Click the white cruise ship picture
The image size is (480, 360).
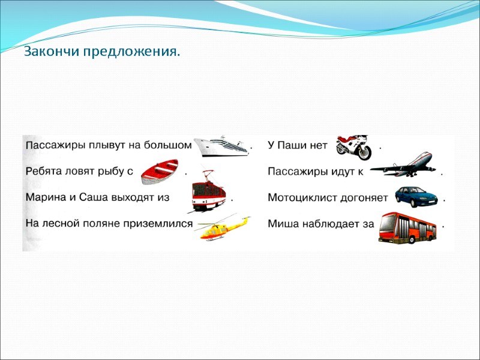click(221, 145)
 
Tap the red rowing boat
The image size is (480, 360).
click(160, 172)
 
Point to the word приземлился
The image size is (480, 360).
click(161, 224)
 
